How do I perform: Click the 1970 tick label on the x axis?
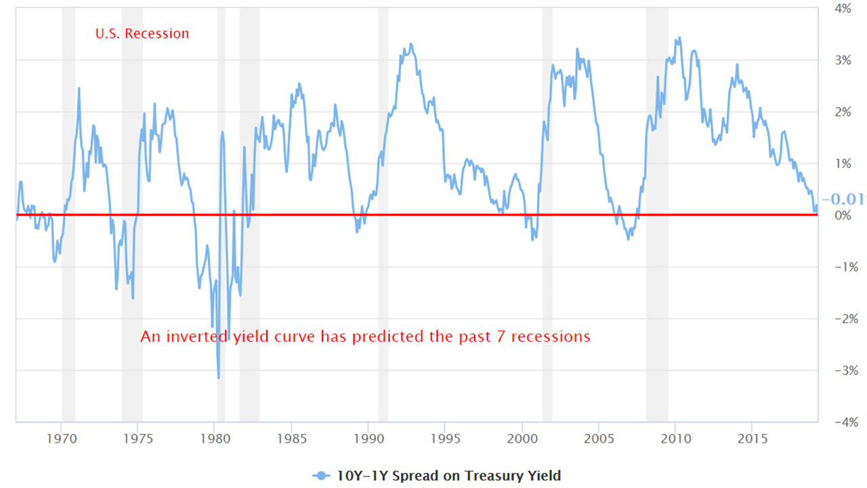coord(61,438)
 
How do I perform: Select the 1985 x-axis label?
coord(291,438)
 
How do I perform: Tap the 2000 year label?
coord(522,438)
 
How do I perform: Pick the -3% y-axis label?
coord(841,370)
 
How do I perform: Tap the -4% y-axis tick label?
coord(841,422)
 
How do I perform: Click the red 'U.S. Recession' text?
coord(142,33)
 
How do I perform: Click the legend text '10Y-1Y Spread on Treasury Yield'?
coord(448,476)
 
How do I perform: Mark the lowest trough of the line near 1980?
coord(218,378)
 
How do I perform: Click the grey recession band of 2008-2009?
coord(656,203)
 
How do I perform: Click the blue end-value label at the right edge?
coord(843,199)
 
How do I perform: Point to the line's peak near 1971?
coord(79,88)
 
